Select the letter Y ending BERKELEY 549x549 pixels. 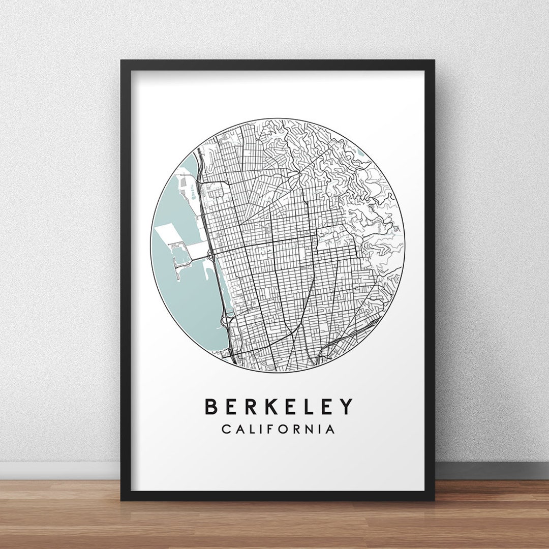point(346,407)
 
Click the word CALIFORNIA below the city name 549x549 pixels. point(279,430)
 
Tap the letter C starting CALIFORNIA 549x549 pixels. point(226,430)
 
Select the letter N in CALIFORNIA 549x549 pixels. point(316,430)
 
